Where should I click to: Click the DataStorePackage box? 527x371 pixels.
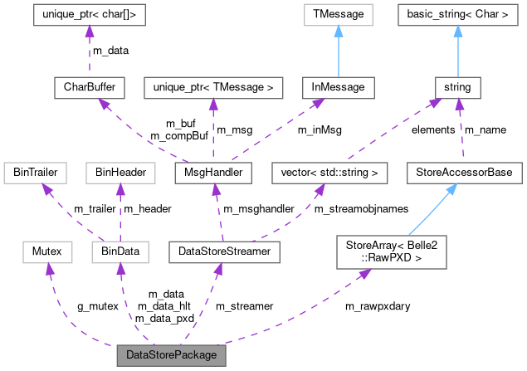click(x=171, y=354)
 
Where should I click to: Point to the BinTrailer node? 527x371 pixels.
click(x=34, y=173)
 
